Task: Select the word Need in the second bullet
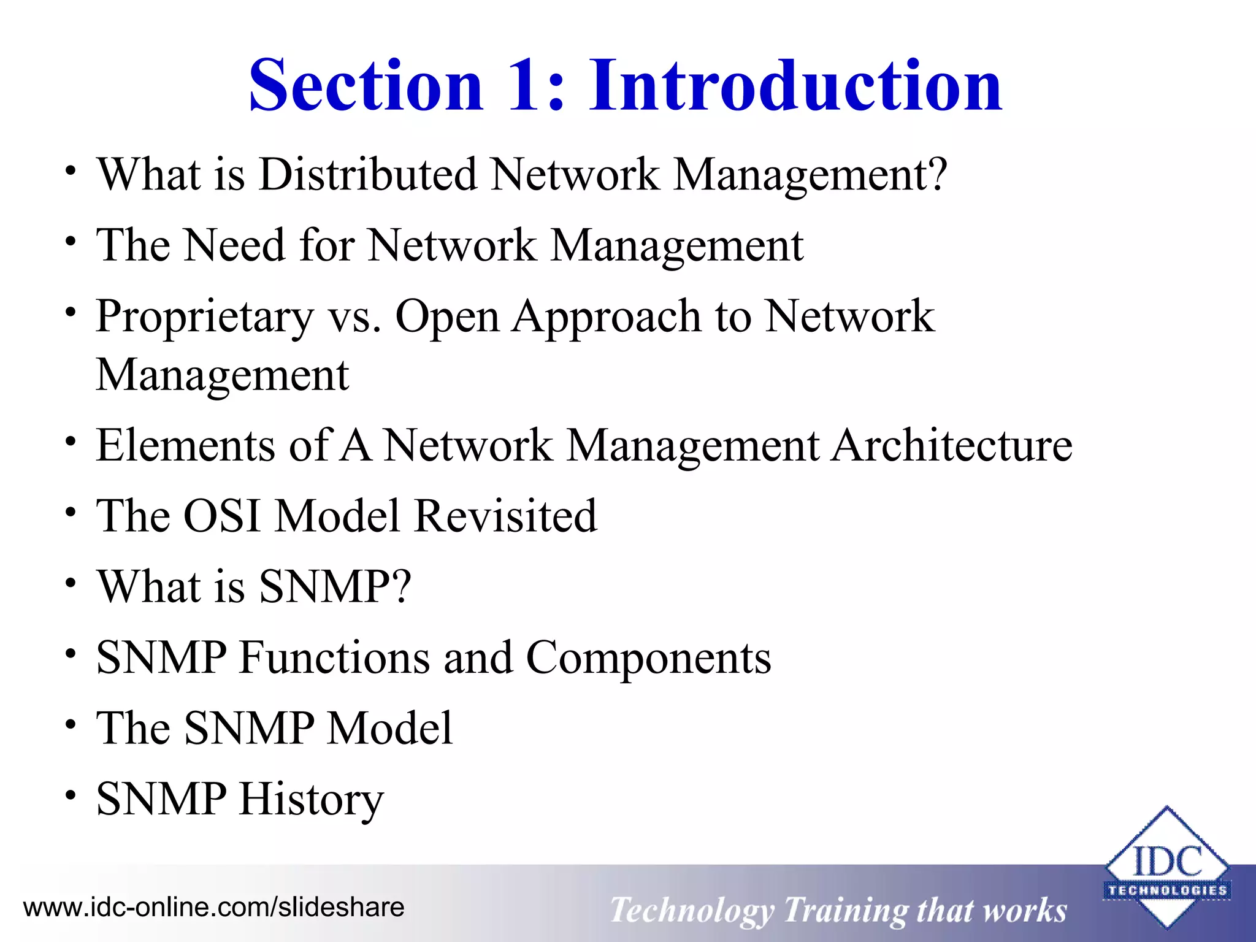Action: click(235, 245)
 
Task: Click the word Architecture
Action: click(952, 445)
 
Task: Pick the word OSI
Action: click(222, 516)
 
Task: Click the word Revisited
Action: click(505, 516)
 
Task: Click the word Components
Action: click(648, 657)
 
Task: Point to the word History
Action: click(312, 800)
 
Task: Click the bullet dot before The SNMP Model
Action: click(71, 724)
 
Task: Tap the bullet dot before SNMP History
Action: click(71, 795)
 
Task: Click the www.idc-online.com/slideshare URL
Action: click(213, 907)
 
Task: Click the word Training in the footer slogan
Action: click(845, 910)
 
